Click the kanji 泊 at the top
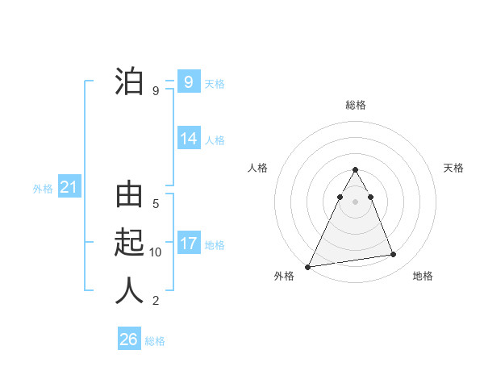(x=129, y=82)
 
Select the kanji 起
(x=129, y=243)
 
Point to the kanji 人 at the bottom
(x=129, y=290)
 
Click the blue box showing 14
(x=189, y=139)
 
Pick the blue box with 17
(x=189, y=244)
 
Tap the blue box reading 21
(x=69, y=188)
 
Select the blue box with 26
(x=129, y=339)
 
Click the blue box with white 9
(x=189, y=82)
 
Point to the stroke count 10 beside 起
(x=156, y=252)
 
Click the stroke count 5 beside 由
(x=156, y=204)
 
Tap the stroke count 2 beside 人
(x=156, y=301)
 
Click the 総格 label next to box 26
(x=155, y=341)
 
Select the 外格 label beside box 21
(x=43, y=189)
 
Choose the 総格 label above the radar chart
(x=355, y=105)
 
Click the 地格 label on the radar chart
(x=423, y=276)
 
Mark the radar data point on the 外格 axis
(x=308, y=266)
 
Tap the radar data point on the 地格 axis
(x=394, y=255)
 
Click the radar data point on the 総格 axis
(x=355, y=169)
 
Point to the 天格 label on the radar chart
(x=454, y=168)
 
